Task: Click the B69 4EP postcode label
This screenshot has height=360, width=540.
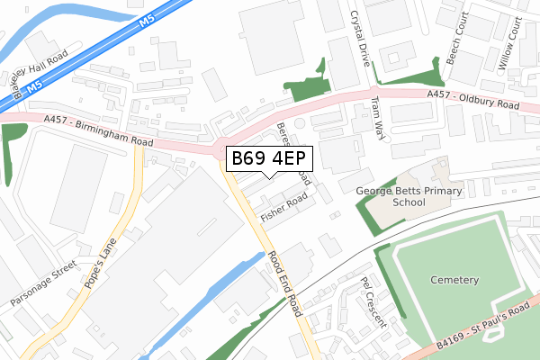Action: [269, 159]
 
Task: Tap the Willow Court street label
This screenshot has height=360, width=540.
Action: [507, 44]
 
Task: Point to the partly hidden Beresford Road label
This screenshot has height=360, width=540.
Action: [295, 153]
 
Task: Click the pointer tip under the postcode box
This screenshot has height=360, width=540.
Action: [269, 175]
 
